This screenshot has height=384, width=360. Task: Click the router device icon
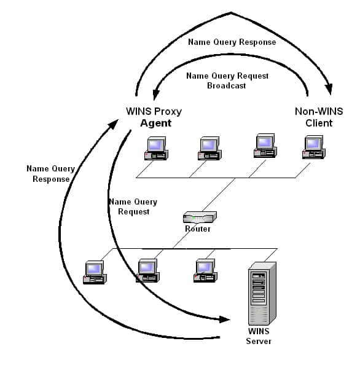click(200, 217)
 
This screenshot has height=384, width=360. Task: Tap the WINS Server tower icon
click(262, 294)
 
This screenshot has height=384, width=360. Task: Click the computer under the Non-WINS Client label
click(314, 147)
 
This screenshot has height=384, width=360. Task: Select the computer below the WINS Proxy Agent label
click(156, 149)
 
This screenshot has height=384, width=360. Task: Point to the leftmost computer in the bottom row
click(95, 272)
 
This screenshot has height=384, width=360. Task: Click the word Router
click(198, 229)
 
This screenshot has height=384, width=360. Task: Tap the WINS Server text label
click(259, 336)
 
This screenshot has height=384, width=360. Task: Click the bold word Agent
click(156, 123)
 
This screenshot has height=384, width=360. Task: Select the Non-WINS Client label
click(319, 117)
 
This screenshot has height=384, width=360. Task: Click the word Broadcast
click(227, 86)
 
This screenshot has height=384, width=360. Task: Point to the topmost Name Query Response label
click(232, 42)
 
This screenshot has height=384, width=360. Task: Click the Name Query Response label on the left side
click(51, 174)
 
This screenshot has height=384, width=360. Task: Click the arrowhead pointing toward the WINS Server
click(225, 319)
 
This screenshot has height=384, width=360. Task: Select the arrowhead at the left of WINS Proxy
click(114, 123)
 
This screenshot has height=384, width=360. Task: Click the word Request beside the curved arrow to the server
click(134, 211)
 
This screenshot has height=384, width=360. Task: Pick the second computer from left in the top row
click(209, 149)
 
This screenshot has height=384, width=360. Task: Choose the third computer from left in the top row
click(265, 146)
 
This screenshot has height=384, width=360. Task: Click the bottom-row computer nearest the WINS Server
click(205, 270)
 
